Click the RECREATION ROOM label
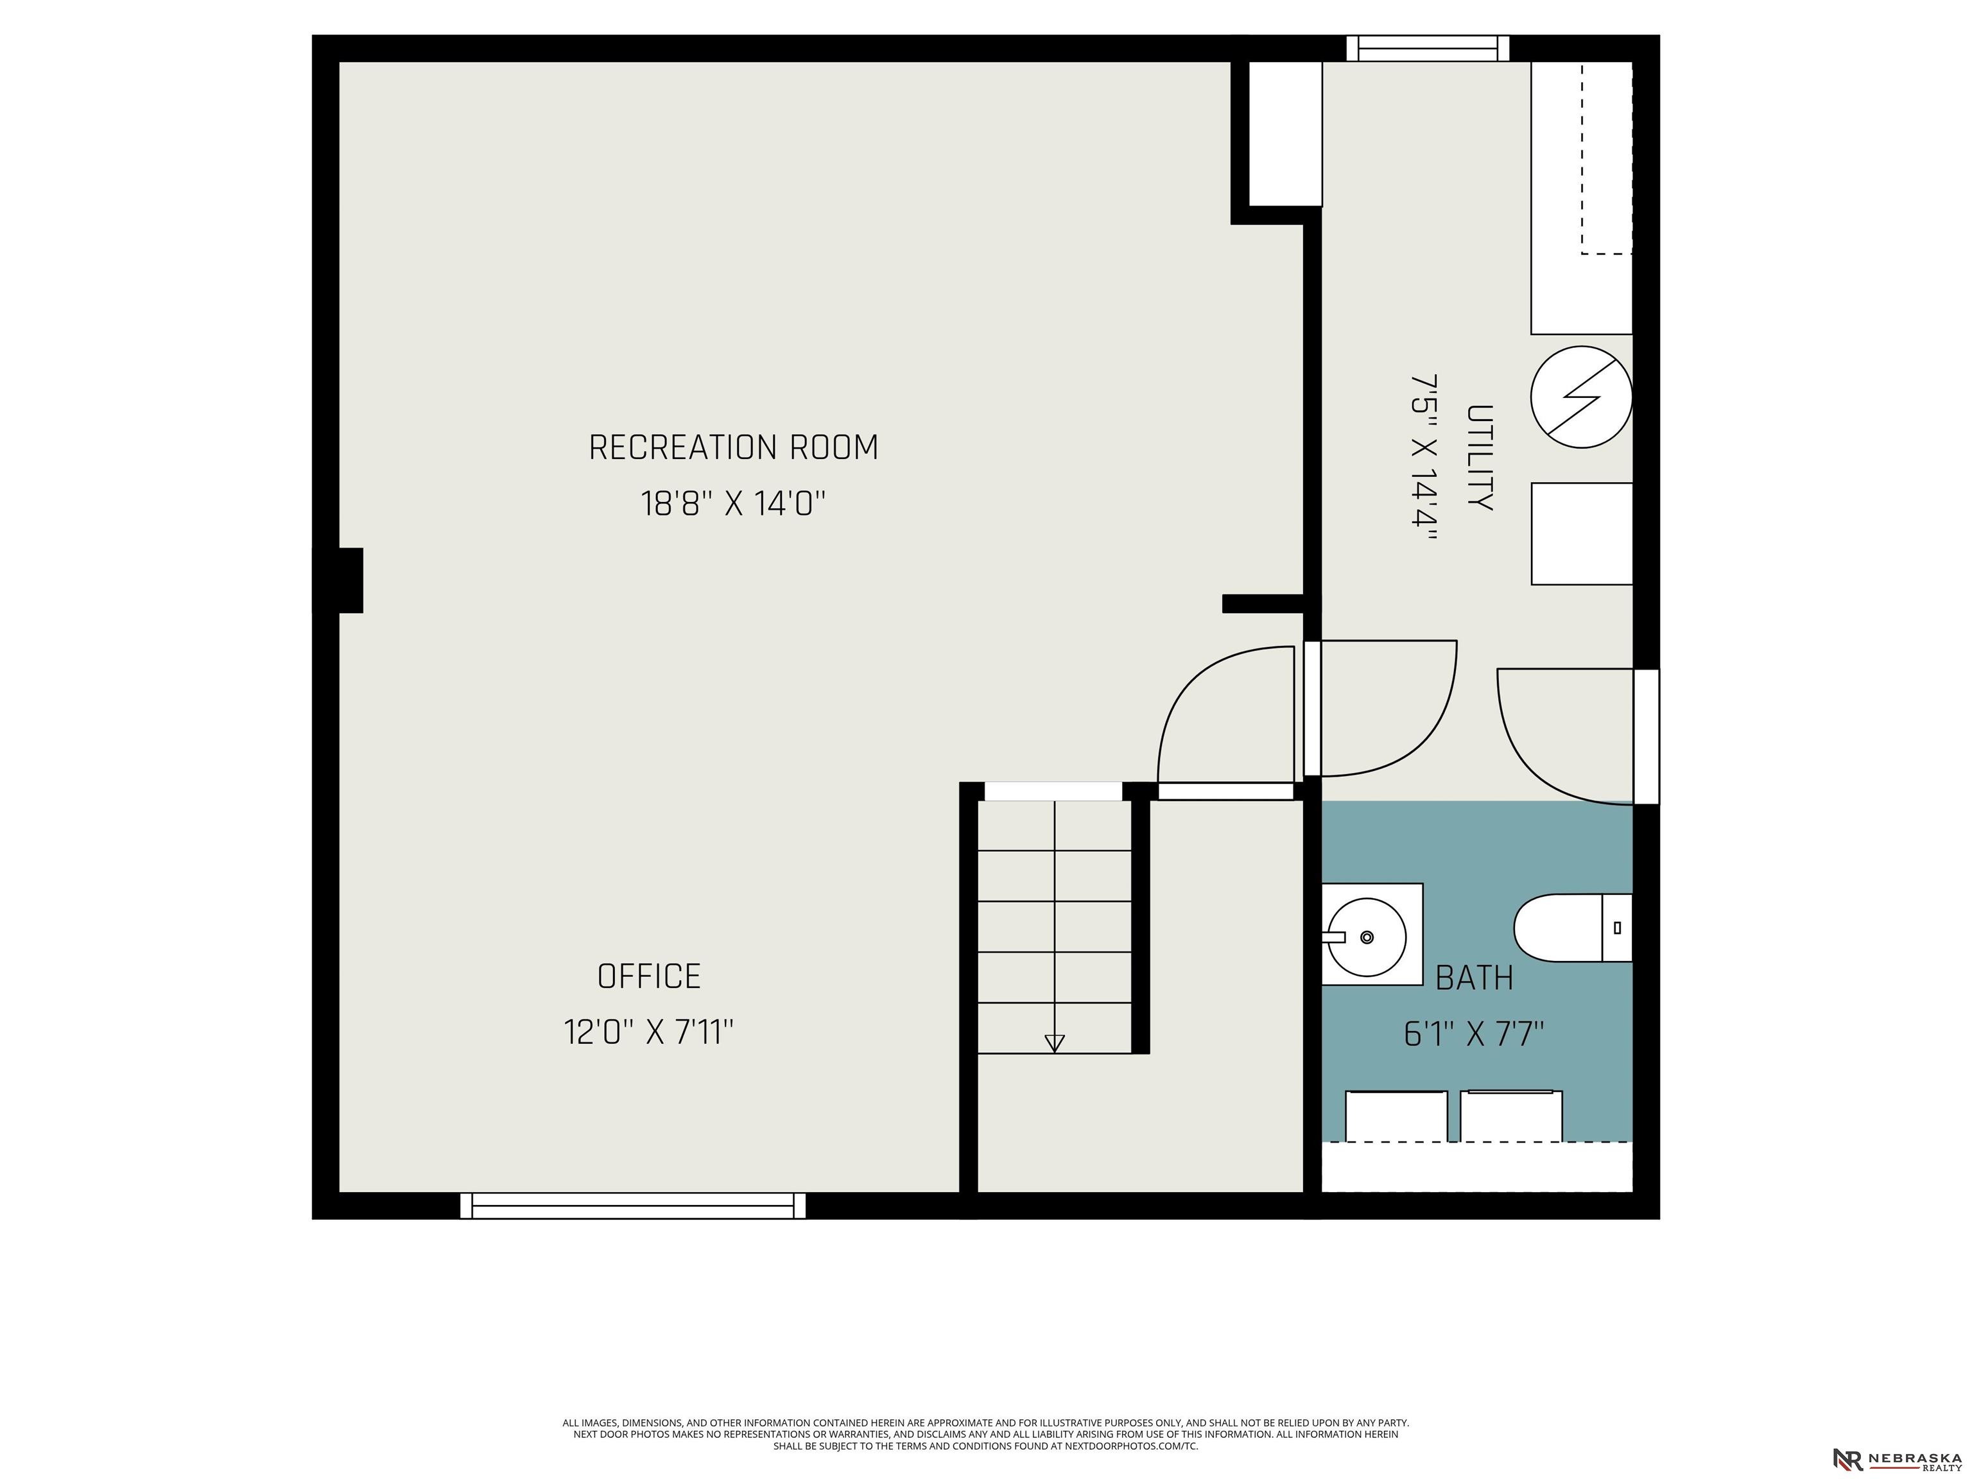[x=733, y=447]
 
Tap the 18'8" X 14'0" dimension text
[x=733, y=504]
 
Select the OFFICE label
[x=649, y=976]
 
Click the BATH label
[x=1475, y=978]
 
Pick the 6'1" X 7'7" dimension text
[x=1475, y=1034]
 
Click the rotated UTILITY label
[x=1480, y=458]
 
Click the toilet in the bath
[x=1573, y=928]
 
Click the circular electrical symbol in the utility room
[x=1582, y=397]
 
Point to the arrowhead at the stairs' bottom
[x=1055, y=1043]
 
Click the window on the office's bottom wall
[x=633, y=1206]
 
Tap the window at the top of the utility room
[x=1427, y=48]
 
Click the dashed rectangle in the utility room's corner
[x=1607, y=159]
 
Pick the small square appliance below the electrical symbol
[x=1582, y=534]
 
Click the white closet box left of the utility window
[x=1284, y=134]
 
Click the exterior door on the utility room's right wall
[x=1646, y=736]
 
